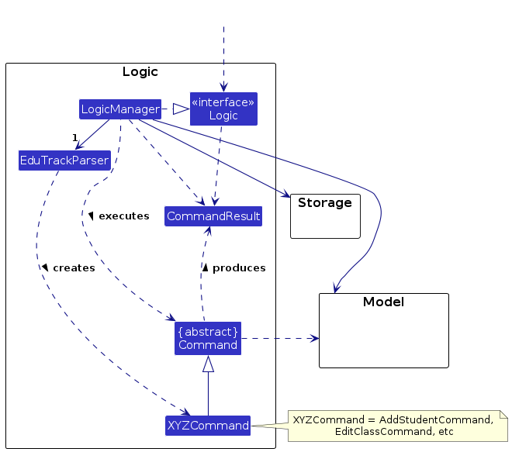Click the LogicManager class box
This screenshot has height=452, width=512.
click(x=120, y=109)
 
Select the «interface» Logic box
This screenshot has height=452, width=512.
click(x=223, y=109)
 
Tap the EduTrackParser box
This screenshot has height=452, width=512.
click(x=64, y=160)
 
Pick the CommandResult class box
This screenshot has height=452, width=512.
click(x=213, y=216)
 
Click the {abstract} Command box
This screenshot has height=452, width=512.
click(x=208, y=339)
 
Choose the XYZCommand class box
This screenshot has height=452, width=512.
click(x=208, y=426)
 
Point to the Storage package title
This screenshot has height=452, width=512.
click(x=325, y=202)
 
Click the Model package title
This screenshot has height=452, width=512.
click(x=384, y=302)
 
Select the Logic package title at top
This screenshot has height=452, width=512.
click(x=140, y=72)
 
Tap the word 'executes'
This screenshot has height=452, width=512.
click(x=124, y=216)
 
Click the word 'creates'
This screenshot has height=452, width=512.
click(x=74, y=268)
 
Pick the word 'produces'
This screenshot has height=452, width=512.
click(x=240, y=268)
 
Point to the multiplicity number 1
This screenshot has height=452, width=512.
click(x=75, y=138)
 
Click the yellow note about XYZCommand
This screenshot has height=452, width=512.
click(x=398, y=426)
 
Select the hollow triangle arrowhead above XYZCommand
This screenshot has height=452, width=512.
click(x=209, y=364)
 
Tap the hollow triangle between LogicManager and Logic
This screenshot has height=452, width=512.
click(x=182, y=109)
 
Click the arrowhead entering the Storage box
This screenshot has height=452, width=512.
click(x=286, y=194)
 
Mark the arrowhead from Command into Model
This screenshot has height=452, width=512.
click(x=314, y=339)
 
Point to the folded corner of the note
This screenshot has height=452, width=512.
click(x=503, y=414)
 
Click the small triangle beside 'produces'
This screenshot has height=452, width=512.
click(x=205, y=268)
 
